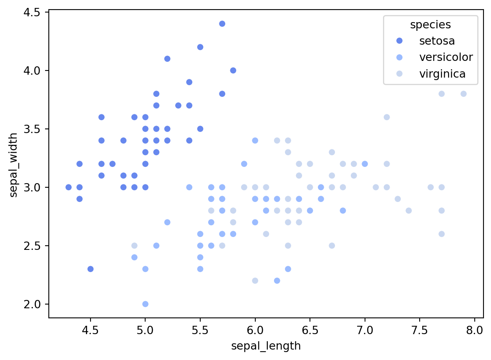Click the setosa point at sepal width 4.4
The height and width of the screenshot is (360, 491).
coord(222,24)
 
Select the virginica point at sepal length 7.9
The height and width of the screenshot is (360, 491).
coord(463,94)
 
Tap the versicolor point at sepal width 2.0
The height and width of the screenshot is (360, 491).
coord(145,304)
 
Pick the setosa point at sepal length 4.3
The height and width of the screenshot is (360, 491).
coord(68,187)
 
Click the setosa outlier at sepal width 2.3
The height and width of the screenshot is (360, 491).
coord(91,269)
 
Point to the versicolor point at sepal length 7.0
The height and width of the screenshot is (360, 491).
coord(365,164)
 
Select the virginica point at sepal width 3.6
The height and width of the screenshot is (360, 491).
coord(387,117)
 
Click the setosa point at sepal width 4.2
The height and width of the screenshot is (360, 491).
coord(200,47)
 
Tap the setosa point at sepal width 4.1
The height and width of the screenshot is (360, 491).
coord(167,59)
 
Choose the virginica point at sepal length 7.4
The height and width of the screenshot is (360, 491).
coord(408,210)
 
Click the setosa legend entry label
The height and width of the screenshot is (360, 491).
coord(437,41)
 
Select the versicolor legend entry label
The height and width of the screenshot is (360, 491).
coord(446,57)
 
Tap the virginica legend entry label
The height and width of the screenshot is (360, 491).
coord(442,74)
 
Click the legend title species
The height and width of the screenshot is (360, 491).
coord(431,25)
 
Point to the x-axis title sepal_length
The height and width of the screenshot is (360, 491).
coord(266,346)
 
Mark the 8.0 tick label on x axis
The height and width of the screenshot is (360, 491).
coord(475,331)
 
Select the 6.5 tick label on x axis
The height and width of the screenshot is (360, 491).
coord(310,331)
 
